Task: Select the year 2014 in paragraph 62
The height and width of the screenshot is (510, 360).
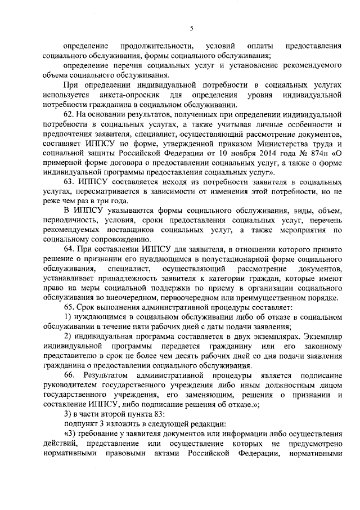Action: (249, 151)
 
